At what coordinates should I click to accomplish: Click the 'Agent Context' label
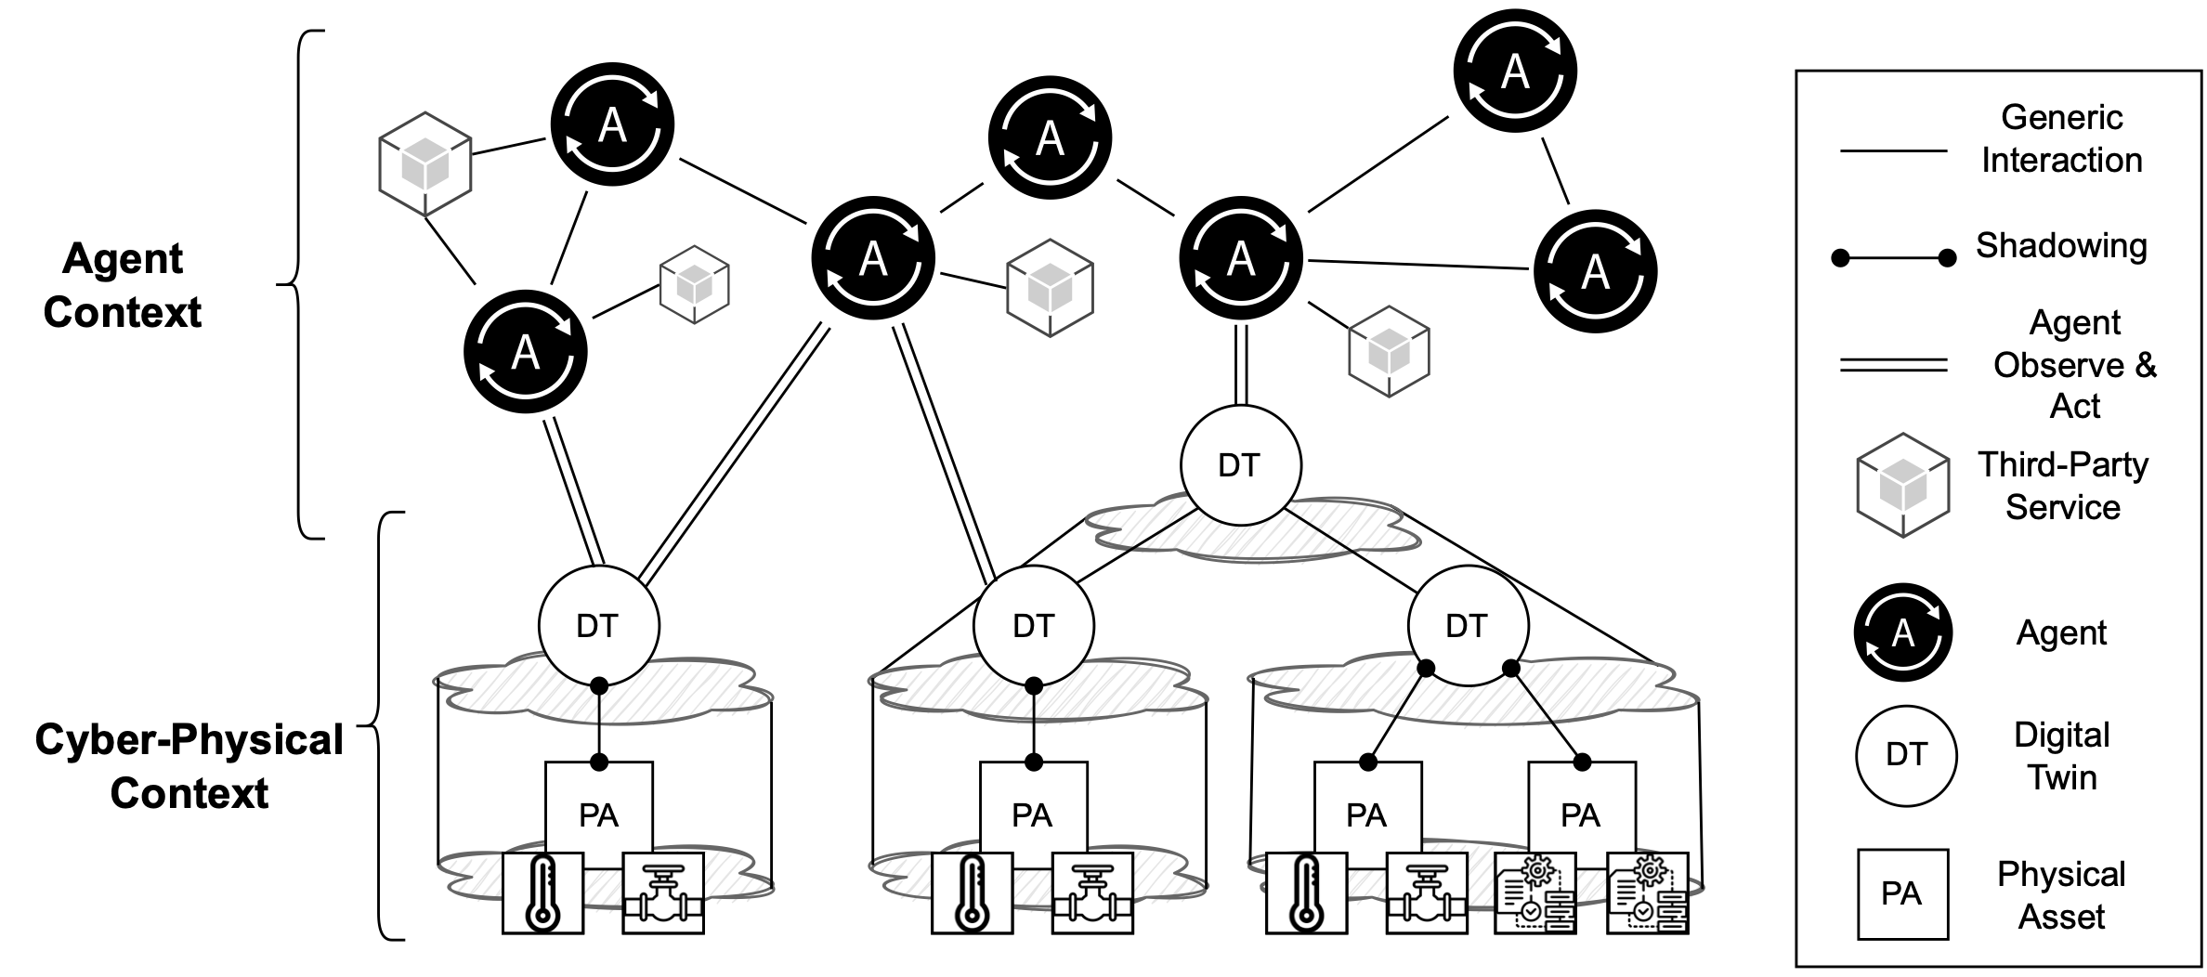point(123,285)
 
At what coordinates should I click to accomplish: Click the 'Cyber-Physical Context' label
point(189,766)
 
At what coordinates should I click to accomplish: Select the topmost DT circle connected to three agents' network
point(1240,465)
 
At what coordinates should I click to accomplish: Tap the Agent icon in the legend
point(1902,632)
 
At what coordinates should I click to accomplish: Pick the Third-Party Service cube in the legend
point(1902,485)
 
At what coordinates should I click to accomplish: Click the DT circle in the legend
point(1906,755)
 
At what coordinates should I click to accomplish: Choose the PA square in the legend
point(1902,893)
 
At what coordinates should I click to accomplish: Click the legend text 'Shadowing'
point(2061,245)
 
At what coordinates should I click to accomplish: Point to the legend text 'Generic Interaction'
point(2061,138)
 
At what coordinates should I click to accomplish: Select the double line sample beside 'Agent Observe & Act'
point(1893,366)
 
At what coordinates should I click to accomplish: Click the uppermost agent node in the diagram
point(1514,72)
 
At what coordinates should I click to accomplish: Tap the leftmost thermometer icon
point(542,892)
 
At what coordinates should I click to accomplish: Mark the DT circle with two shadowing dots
point(1468,626)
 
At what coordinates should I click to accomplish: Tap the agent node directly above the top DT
point(1240,258)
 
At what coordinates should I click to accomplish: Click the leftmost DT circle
point(598,626)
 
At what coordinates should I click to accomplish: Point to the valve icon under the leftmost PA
point(662,892)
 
